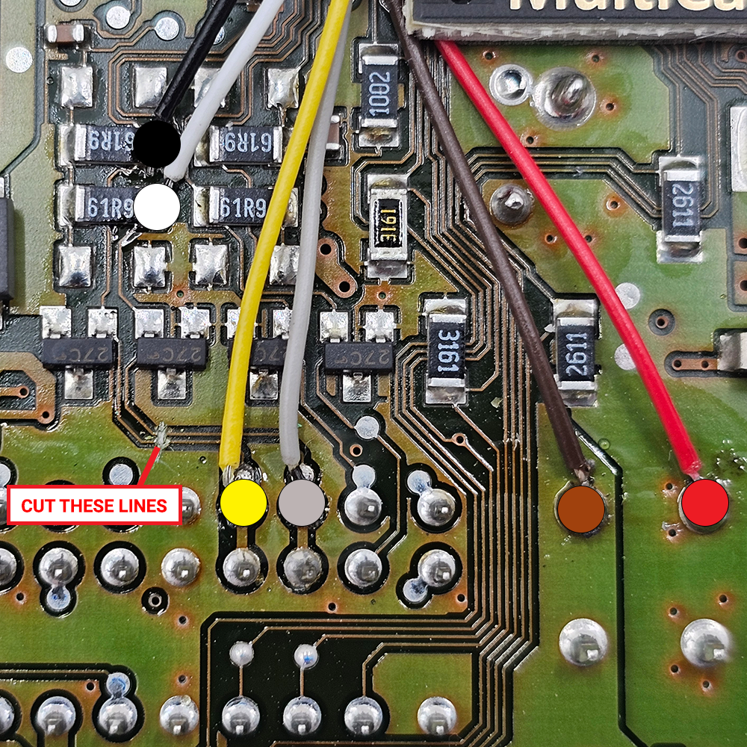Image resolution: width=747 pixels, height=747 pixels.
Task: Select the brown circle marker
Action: [581, 510]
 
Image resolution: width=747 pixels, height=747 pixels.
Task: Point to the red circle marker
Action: [704, 502]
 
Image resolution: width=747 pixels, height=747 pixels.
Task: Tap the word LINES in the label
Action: [146, 506]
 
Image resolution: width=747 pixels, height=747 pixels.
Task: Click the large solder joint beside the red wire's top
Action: [566, 93]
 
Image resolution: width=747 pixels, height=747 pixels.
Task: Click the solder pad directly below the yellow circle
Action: [242, 568]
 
